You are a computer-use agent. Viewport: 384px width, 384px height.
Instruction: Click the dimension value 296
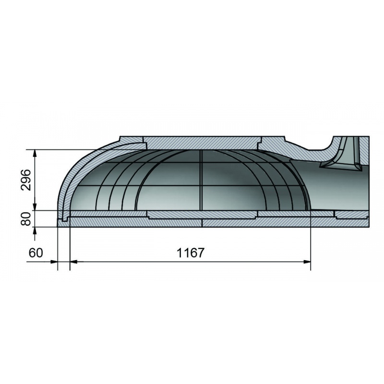[26, 180]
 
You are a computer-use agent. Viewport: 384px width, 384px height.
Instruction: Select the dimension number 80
[26, 219]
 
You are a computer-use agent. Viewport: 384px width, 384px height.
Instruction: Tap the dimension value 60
[36, 253]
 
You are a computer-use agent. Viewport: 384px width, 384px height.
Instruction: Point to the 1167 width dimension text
[190, 253]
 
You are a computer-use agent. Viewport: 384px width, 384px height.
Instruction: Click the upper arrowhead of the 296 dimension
[35, 154]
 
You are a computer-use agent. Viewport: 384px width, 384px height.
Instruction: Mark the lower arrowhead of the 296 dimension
[35, 206]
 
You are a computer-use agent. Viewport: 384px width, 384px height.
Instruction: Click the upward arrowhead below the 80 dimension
[35, 231]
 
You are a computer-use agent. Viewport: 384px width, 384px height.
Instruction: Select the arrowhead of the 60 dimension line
[54, 262]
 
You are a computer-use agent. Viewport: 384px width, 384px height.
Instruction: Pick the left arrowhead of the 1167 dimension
[74, 262]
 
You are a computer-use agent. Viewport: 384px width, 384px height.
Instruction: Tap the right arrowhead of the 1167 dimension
[307, 262]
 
